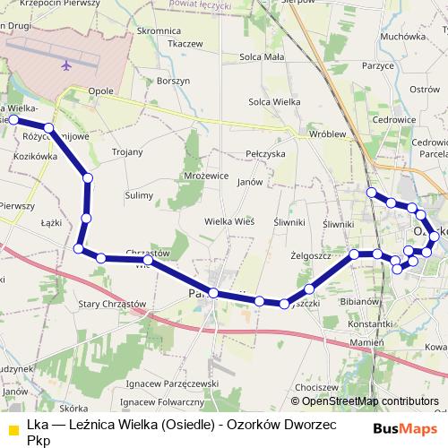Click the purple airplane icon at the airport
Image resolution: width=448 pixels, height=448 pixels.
click(x=66, y=65)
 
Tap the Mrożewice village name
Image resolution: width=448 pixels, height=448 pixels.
click(x=205, y=176)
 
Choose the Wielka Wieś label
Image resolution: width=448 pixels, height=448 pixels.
click(x=230, y=220)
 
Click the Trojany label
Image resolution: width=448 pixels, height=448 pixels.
click(x=127, y=152)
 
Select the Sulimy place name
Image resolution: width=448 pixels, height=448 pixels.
click(x=139, y=194)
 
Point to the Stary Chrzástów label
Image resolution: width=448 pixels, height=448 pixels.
click(x=112, y=304)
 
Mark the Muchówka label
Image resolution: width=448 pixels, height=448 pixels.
click(x=401, y=37)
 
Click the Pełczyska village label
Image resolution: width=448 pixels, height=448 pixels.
click(x=264, y=154)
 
